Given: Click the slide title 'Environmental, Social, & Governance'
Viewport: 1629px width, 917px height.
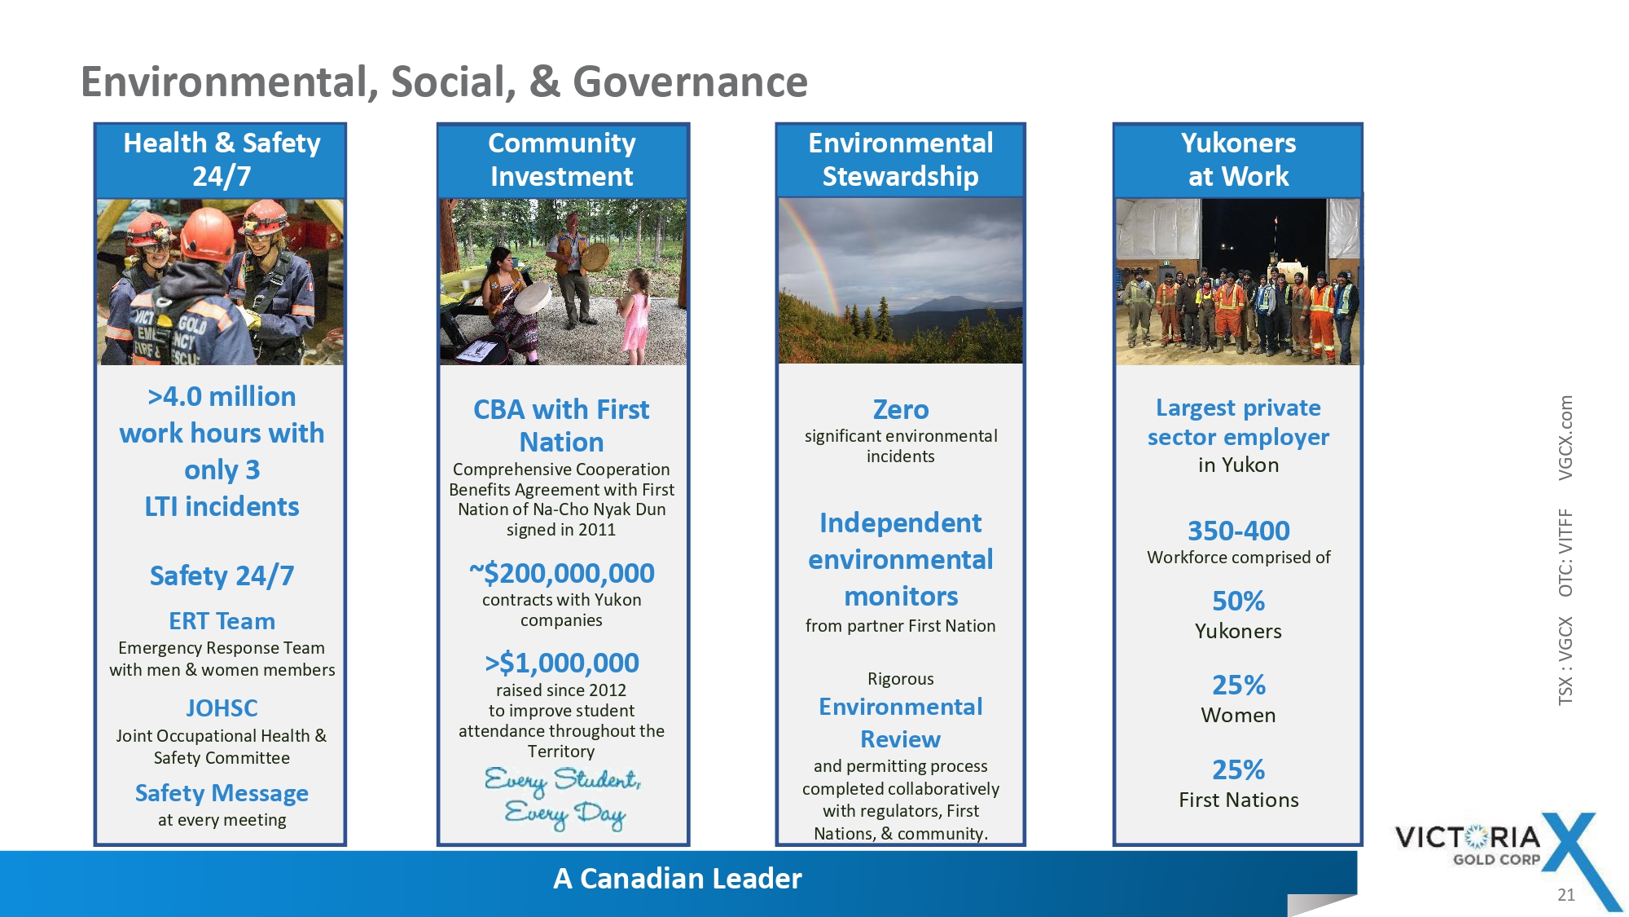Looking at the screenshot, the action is (x=444, y=82).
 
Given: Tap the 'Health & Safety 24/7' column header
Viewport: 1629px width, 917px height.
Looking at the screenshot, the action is (x=222, y=160).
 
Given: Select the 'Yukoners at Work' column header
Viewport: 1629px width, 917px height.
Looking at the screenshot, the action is (x=1238, y=160).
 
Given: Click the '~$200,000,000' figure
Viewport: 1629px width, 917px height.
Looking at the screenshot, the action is (x=562, y=573).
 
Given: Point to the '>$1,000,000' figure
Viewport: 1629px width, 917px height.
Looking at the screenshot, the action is (x=562, y=663).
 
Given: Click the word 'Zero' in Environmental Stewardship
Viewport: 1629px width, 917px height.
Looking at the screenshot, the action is (x=901, y=409).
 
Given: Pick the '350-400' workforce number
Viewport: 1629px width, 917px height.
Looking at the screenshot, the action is (x=1239, y=531).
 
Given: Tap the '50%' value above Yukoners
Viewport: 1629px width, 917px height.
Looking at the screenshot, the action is (x=1239, y=601).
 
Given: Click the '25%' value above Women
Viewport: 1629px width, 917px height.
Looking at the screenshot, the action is (x=1239, y=685).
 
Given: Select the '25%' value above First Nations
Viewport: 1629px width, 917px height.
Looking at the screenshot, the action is (x=1239, y=769).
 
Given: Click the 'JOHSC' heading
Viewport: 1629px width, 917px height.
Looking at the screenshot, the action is (x=222, y=708).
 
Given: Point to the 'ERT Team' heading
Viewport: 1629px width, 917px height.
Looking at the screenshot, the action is (x=222, y=621).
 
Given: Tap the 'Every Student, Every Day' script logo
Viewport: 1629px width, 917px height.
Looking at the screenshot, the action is (x=563, y=797).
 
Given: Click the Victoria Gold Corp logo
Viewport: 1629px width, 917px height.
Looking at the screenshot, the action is (x=1507, y=856).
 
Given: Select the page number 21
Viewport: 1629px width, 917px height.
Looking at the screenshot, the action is (x=1566, y=895).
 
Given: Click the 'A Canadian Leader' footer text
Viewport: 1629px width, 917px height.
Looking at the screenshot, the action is (x=678, y=879).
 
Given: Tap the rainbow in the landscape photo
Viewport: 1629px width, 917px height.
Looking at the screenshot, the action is (x=814, y=261).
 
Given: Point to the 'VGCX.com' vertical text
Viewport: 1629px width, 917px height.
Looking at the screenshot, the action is (x=1565, y=438).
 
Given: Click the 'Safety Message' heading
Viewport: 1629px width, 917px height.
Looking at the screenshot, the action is (x=222, y=793).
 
